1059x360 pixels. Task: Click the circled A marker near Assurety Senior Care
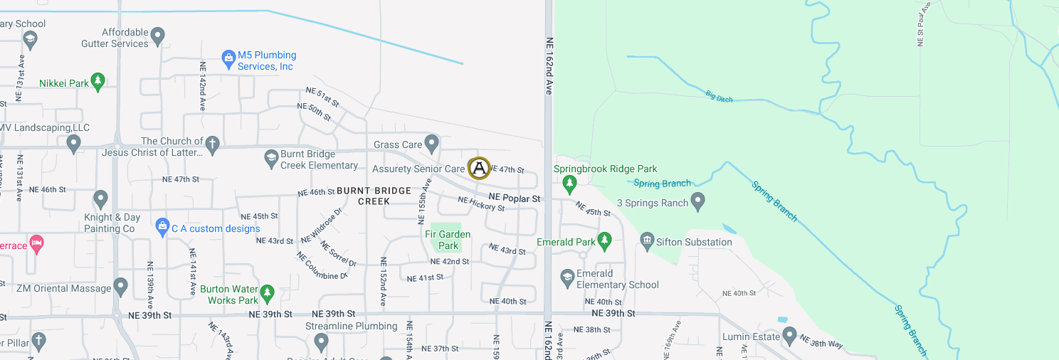(479, 168)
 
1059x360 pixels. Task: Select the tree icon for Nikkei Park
(98, 83)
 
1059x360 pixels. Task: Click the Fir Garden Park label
(448, 240)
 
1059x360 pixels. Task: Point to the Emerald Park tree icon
(604, 241)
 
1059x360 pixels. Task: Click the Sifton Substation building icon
(647, 242)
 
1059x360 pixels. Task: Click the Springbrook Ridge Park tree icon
(569, 184)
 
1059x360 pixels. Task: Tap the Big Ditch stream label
(719, 95)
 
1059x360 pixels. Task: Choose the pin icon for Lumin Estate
(789, 334)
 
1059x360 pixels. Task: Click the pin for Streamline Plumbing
(321, 342)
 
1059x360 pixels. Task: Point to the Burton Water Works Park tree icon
(267, 292)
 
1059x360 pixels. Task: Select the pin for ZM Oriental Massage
(120, 287)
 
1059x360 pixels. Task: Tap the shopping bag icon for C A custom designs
(162, 227)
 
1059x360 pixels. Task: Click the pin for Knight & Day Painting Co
(100, 198)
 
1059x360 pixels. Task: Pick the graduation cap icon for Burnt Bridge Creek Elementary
(270, 158)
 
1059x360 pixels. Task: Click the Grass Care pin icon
(431, 143)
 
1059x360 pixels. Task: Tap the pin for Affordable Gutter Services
(158, 35)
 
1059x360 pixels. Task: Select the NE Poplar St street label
(515, 198)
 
